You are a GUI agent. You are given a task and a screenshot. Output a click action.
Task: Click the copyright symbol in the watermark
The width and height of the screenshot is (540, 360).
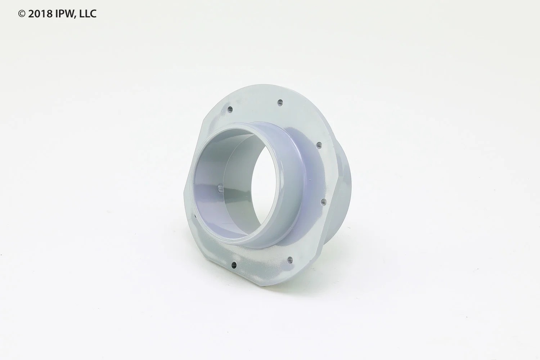click(22, 14)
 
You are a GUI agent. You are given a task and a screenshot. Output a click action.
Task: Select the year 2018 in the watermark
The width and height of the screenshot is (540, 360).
click(40, 14)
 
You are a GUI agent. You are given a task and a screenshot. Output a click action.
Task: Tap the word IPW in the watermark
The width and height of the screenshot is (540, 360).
click(63, 14)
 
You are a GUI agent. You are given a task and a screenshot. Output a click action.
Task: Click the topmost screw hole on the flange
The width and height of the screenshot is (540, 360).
click(280, 102)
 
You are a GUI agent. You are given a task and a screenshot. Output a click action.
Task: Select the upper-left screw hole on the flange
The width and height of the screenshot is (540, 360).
click(230, 109)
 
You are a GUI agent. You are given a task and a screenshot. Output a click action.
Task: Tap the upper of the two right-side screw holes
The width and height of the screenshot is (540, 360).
click(319, 145)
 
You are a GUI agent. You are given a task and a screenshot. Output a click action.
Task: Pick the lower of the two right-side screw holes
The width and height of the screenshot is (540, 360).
click(324, 202)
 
